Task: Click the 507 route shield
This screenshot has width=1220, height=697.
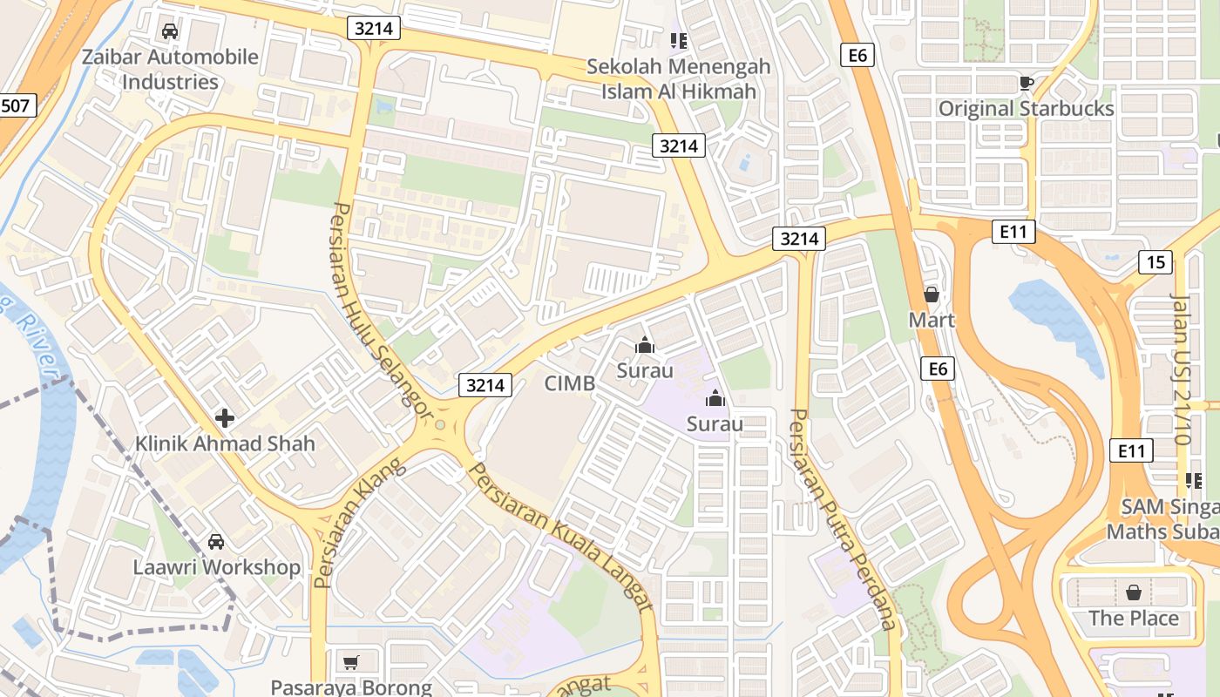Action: [17, 106]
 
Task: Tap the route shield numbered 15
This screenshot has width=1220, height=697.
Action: [1156, 262]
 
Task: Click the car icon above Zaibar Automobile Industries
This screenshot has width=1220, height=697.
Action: [170, 31]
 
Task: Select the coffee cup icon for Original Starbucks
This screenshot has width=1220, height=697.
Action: [1026, 83]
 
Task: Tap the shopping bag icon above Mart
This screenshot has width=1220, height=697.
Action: [932, 294]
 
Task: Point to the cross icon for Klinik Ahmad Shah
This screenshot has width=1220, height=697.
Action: [225, 418]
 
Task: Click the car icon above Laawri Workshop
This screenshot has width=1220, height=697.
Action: [216, 542]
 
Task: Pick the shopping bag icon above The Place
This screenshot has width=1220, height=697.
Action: [1133, 593]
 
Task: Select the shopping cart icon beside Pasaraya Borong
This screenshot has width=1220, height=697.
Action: [350, 663]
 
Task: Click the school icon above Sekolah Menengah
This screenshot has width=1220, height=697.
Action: [678, 40]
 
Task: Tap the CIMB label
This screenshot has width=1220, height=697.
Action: [569, 383]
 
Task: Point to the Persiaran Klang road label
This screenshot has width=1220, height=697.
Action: [360, 522]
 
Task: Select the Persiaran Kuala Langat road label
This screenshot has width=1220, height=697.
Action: [562, 536]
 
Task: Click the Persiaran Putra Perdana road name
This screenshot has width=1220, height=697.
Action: [842, 518]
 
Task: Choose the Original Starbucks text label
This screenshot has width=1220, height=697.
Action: [1026, 109]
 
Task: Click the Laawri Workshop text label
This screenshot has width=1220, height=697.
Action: [216, 567]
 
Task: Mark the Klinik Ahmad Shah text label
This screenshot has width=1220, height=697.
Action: [225, 443]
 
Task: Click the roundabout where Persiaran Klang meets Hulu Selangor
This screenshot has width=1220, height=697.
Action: [440, 424]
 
